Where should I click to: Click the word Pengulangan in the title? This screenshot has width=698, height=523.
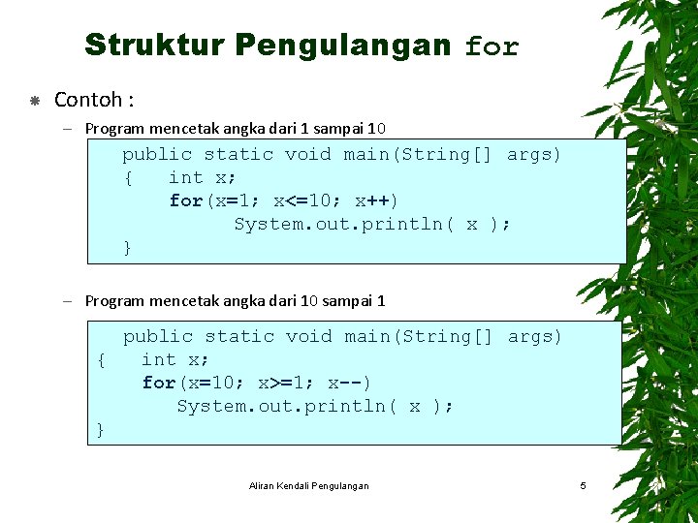(343, 46)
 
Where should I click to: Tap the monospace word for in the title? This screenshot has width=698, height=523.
(492, 46)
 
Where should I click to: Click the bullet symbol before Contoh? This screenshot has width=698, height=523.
(34, 100)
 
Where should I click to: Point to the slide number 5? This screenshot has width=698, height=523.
(583, 485)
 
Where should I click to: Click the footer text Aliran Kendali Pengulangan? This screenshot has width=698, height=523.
(308, 485)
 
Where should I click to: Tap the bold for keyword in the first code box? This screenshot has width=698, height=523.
(185, 200)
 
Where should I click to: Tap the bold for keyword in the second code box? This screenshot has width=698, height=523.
(158, 383)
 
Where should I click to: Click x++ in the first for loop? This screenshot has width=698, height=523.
(373, 200)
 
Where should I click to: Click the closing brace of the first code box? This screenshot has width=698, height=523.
(127, 248)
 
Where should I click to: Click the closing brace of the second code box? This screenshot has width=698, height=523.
(101, 430)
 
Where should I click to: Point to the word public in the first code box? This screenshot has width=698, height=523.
(156, 154)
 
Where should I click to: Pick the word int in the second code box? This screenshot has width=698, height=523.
(159, 359)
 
